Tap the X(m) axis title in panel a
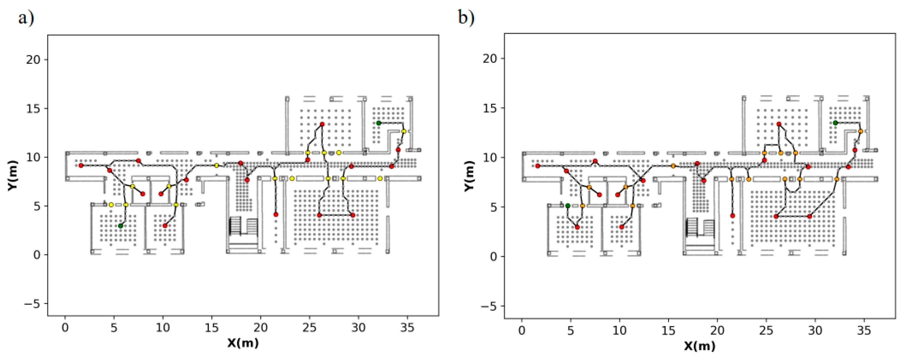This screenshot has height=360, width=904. (x=243, y=343)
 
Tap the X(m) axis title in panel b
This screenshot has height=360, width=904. (x=700, y=346)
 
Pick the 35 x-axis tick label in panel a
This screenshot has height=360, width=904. (x=407, y=328)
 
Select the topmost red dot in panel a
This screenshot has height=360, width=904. (x=322, y=124)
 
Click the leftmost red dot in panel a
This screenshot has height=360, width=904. (x=81, y=166)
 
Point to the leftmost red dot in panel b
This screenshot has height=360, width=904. (x=538, y=166)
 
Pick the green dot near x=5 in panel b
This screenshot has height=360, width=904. (x=568, y=206)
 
